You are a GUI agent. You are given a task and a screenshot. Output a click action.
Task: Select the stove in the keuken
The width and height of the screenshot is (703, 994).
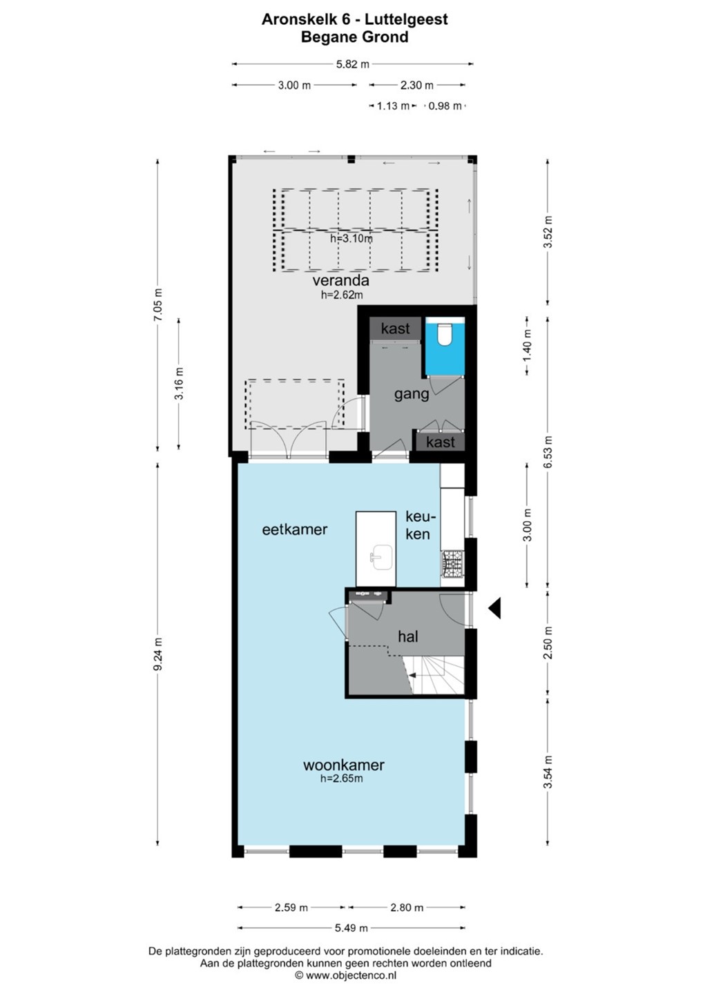click(x=452, y=565)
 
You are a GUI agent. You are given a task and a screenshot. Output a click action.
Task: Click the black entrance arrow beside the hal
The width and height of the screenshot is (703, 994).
click(x=495, y=607)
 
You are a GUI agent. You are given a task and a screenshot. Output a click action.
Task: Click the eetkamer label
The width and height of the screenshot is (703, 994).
click(x=295, y=529)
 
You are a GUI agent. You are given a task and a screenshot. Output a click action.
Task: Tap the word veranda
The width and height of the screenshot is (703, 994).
click(x=340, y=280)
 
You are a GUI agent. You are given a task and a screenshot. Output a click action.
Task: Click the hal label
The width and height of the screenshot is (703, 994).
click(x=408, y=636)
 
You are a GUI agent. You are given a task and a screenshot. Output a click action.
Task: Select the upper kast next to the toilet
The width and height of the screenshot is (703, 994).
click(x=396, y=329)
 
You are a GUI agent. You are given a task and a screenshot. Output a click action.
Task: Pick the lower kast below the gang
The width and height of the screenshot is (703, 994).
click(x=441, y=442)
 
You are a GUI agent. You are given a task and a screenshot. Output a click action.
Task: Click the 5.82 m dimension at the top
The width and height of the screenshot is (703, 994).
click(x=353, y=64)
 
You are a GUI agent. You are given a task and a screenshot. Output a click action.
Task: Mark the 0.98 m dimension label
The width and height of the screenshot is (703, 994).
click(x=445, y=106)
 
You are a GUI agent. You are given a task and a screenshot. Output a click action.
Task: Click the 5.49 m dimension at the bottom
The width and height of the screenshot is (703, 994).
click(x=351, y=928)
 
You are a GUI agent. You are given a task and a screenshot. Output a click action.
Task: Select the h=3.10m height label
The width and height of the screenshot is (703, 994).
click(x=351, y=238)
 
